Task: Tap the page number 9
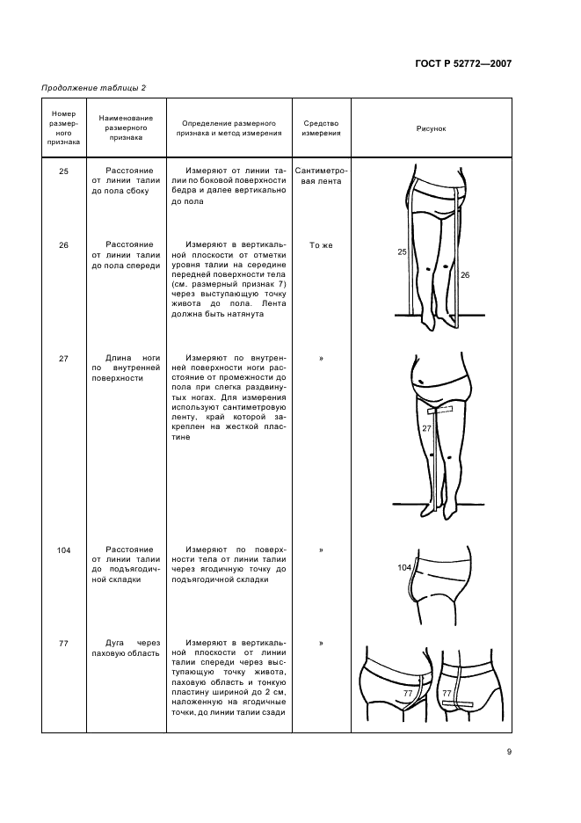tap(509, 751)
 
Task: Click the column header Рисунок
tap(431, 128)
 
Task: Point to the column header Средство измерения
tap(321, 128)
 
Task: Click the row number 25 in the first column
tap(63, 171)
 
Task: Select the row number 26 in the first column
tap(63, 245)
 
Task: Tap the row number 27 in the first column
tap(63, 359)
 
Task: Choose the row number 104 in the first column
tap(63, 550)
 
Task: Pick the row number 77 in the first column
tap(63, 644)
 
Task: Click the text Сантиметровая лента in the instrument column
tap(321, 176)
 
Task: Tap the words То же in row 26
tap(321, 245)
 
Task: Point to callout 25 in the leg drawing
tap(402, 252)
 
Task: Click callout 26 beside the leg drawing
tap(465, 275)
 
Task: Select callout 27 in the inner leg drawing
tap(426, 429)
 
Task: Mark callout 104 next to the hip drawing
tap(403, 568)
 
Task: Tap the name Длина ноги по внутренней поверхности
tap(126, 368)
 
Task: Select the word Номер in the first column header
tap(64, 113)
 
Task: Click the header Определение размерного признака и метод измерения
tap(232, 128)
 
